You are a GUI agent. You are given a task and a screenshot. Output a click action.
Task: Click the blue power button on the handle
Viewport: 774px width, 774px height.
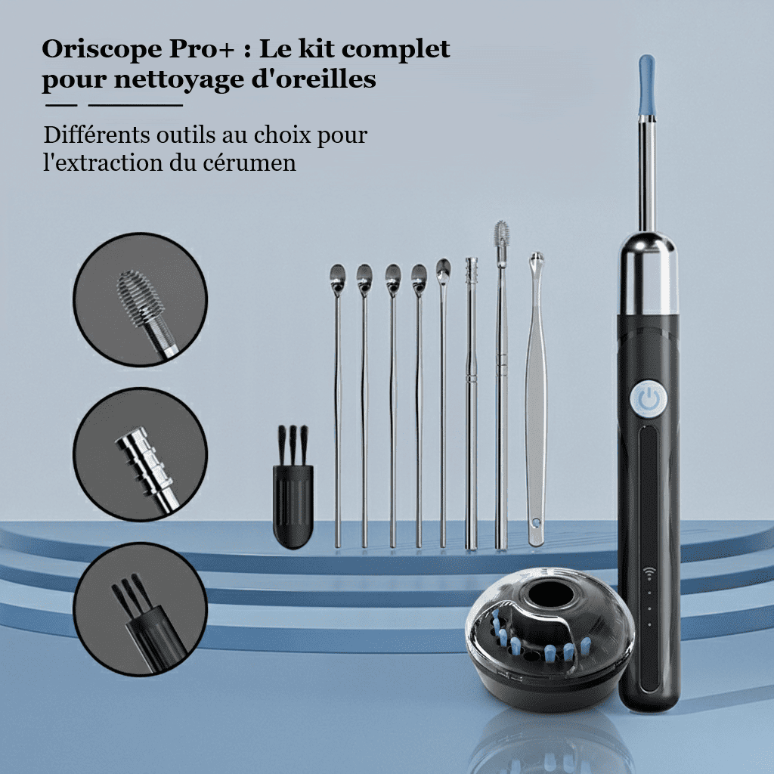pos(649,399)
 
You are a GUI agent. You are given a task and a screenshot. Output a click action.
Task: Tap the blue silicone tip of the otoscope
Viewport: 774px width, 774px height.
pos(647,85)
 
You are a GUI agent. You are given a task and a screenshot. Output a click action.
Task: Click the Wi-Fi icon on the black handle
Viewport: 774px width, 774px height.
pos(649,573)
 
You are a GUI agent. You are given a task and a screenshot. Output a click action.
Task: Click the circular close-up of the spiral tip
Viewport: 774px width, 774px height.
pos(140,300)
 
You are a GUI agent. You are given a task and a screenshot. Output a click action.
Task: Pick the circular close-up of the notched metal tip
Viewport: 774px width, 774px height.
pos(140,454)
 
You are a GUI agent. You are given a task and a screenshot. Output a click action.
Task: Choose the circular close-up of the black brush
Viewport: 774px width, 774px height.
pos(140,609)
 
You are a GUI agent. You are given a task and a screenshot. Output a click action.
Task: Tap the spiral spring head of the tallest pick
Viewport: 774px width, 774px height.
pos(502,236)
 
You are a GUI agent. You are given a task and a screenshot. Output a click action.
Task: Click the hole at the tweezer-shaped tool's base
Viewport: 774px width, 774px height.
pos(536,520)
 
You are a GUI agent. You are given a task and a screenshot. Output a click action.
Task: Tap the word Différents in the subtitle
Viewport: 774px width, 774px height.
pos(97,135)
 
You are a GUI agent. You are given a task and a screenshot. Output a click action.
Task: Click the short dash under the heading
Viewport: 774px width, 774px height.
pos(61,105)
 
